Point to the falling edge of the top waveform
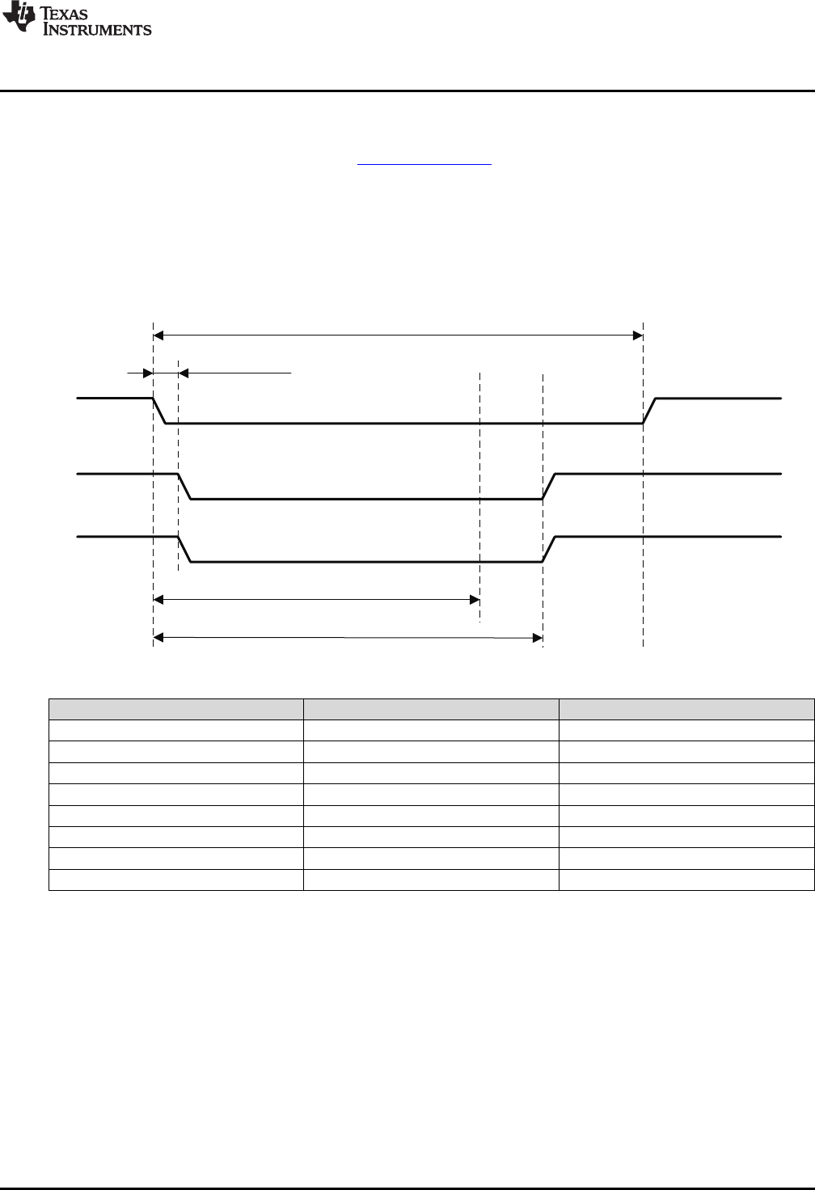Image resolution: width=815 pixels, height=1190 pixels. [x=159, y=411]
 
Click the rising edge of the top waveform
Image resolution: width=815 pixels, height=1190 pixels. [x=649, y=411]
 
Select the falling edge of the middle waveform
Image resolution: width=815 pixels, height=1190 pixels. [x=184, y=487]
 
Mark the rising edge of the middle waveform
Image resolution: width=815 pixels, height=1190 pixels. [x=548, y=487]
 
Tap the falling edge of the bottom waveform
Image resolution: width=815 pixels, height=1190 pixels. [x=184, y=549]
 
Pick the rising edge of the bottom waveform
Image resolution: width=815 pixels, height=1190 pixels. [x=548, y=549]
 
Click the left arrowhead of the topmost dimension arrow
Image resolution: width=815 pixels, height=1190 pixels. [x=158, y=333]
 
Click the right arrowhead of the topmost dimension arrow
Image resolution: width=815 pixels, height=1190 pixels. [x=637, y=333]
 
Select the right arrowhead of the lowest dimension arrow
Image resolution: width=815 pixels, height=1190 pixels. [x=537, y=639]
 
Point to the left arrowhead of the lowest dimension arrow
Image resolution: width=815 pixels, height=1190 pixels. [x=158, y=639]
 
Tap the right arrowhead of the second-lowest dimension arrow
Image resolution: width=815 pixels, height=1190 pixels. [x=475, y=600]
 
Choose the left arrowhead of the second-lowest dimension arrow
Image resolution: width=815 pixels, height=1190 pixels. [x=158, y=600]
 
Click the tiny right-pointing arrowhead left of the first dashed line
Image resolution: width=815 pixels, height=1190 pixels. [x=148, y=373]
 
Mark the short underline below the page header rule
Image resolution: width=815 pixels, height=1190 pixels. [x=425, y=164]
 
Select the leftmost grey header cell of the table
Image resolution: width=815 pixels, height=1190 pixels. [x=176, y=709]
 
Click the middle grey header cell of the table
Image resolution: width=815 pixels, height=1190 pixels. [x=431, y=709]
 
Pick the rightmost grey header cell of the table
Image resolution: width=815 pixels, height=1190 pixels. [x=686, y=709]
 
